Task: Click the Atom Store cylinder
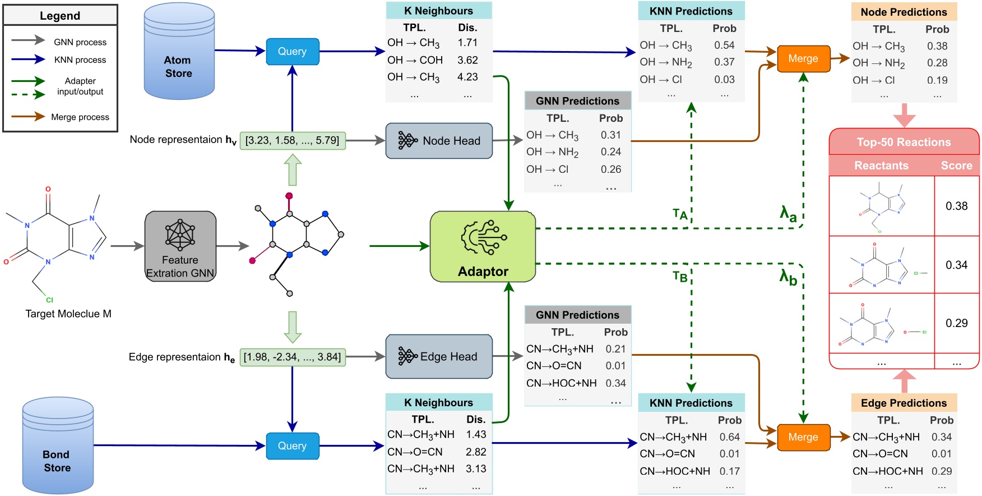tap(179, 52)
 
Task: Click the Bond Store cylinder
tap(58, 446)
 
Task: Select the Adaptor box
tap(483, 246)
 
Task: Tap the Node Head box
tap(439, 141)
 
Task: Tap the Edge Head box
tap(439, 356)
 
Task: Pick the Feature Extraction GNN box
tap(180, 246)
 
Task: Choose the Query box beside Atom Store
tap(292, 52)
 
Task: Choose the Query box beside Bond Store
tap(292, 446)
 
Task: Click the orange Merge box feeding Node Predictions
tap(803, 59)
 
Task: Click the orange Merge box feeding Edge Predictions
tap(803, 437)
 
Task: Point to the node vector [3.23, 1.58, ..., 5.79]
tap(293, 140)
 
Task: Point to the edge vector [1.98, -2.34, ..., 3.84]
tap(293, 357)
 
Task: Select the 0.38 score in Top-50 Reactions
tap(957, 206)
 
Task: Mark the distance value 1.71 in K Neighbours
tap(467, 43)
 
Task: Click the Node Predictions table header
tap(904, 12)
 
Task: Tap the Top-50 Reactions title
tap(904, 142)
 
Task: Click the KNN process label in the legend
tap(80, 60)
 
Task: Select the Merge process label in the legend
tap(80, 117)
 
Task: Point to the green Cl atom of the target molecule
tap(49, 300)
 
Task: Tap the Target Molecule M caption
tap(68, 314)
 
